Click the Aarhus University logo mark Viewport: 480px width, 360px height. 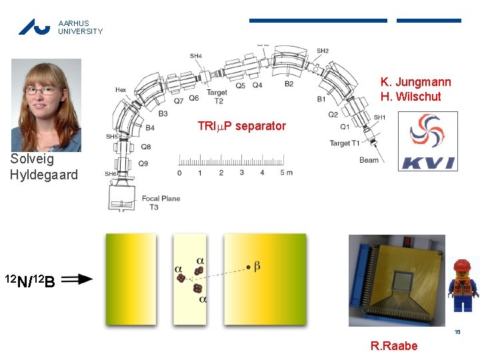tap(34, 27)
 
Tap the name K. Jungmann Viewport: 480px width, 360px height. tap(415, 82)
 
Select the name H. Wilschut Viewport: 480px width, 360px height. tap(411, 97)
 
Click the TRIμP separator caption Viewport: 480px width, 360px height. tap(241, 126)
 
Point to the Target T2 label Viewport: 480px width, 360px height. tap(216, 97)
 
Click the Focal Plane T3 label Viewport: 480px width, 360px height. tap(160, 203)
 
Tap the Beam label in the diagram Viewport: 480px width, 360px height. tap(369, 160)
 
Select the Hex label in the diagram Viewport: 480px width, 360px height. tap(121, 90)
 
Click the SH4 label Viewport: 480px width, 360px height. tap(196, 56)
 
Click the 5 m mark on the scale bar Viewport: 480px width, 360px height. tap(286, 173)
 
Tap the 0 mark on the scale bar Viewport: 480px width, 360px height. tap(179, 173)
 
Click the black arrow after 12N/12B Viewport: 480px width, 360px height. tap(77, 280)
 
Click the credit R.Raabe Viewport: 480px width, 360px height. tap(394, 345)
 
